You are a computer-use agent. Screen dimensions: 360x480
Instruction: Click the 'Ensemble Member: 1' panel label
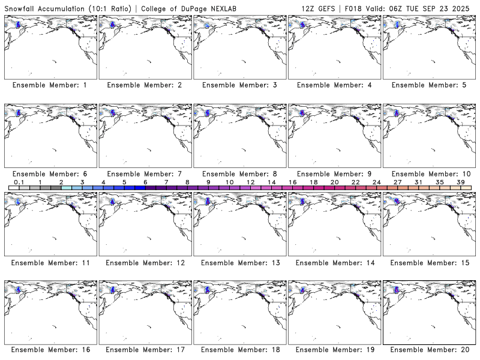[50, 85]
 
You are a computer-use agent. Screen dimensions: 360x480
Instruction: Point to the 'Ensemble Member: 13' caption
[239, 262]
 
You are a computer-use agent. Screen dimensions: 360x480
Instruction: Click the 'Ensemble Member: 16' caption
[50, 350]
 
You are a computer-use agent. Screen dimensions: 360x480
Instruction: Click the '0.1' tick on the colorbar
[19, 182]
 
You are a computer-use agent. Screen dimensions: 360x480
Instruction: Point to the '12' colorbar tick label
[250, 182]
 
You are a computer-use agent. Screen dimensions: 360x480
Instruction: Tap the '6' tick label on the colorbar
[145, 182]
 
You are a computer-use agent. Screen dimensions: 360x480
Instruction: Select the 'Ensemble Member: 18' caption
[239, 350]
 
